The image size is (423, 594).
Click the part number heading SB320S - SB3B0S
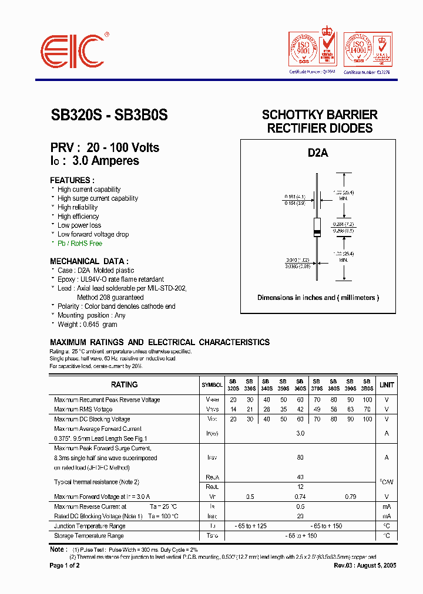[x=109, y=116]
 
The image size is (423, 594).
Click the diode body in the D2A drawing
[x=317, y=227]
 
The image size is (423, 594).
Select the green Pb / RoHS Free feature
[x=79, y=243]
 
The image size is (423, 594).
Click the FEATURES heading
[x=72, y=180]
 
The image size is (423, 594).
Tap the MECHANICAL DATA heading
[x=89, y=261]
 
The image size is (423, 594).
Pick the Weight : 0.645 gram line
[x=87, y=324]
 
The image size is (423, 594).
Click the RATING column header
[x=124, y=384]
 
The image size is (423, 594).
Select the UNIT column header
[x=387, y=384]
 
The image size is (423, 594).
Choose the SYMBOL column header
[x=212, y=385]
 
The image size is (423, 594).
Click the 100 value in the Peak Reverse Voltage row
[x=367, y=400]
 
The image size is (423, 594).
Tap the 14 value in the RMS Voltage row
[x=233, y=409]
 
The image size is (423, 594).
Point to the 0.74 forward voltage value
[x=300, y=497]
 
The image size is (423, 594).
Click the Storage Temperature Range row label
[x=89, y=535]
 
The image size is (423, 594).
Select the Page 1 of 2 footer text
[x=65, y=565]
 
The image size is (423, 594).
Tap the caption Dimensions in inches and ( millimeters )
[x=318, y=298]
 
